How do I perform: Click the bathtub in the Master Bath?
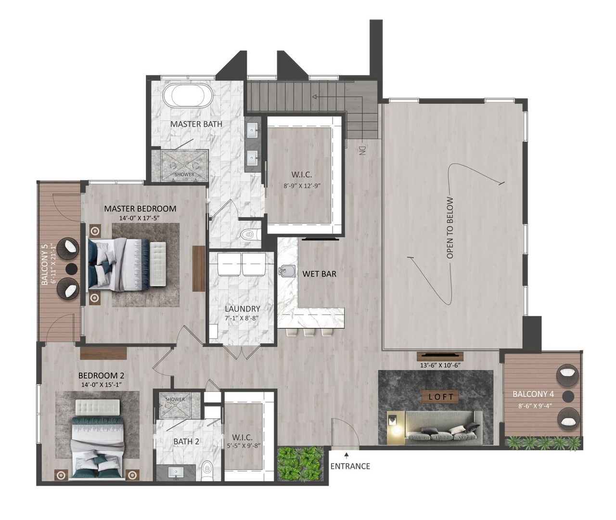tap(188, 96)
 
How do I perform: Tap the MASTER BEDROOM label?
tap(140, 208)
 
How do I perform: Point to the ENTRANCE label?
tap(350, 466)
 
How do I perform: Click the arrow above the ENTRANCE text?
tap(346, 454)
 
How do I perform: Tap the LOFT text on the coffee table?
tap(441, 397)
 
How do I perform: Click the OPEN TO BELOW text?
tap(450, 228)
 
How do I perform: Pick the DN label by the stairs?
tap(362, 150)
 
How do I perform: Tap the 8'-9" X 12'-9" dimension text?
tap(302, 184)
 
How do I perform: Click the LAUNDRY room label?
tap(243, 309)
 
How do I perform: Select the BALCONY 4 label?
tap(533, 394)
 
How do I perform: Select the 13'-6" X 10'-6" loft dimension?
tap(440, 365)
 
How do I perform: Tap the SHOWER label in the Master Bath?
tap(184, 174)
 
